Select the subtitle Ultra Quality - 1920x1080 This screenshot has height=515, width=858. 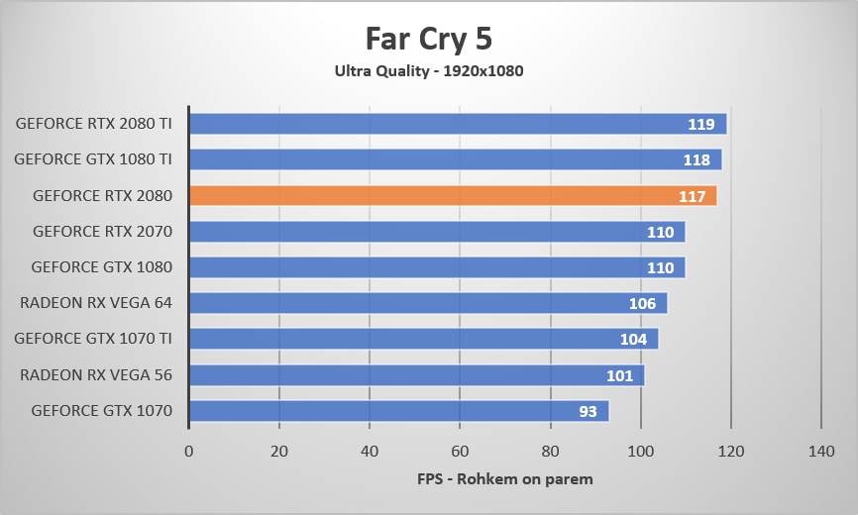click(429, 71)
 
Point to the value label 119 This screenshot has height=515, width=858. click(701, 125)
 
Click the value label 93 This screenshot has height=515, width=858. click(588, 411)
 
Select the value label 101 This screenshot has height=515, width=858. click(619, 375)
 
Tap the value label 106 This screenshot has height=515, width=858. click(642, 303)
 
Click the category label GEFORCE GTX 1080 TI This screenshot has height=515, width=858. click(93, 159)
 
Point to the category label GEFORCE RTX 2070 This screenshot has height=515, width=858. click(102, 232)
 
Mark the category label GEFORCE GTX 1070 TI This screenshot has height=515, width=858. click(93, 339)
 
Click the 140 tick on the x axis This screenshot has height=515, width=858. click(821, 451)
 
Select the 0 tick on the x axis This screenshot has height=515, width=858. click(189, 451)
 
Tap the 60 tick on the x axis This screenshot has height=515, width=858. click(460, 451)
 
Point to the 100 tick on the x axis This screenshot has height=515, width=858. click(641, 451)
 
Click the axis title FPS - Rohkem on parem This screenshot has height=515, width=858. click(505, 480)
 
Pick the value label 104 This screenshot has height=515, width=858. click(633, 340)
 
